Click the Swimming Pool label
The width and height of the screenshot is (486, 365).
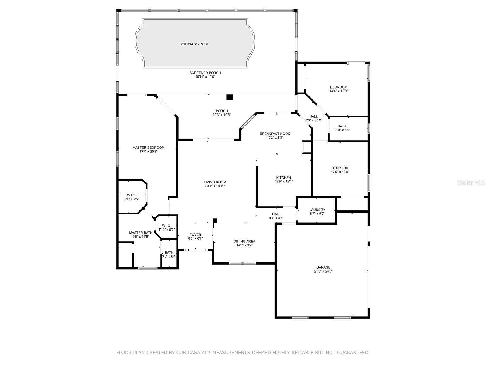(x=195, y=44)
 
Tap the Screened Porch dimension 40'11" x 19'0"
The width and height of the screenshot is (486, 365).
(x=205, y=77)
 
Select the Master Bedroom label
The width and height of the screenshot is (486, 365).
(x=148, y=148)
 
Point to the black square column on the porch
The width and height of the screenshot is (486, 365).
(x=230, y=97)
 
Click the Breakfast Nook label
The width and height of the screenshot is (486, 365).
(x=275, y=134)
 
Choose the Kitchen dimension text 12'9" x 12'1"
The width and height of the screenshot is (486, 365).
(x=284, y=182)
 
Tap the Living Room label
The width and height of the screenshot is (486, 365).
(x=215, y=182)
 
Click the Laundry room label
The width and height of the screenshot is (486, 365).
(x=317, y=210)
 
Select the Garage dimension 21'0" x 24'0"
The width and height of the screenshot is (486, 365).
(x=323, y=271)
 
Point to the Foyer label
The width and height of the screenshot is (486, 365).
(x=195, y=235)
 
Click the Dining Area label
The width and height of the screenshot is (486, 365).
(x=245, y=241)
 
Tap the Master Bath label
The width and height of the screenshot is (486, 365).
(x=141, y=233)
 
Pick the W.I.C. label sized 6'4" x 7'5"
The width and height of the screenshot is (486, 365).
(x=132, y=195)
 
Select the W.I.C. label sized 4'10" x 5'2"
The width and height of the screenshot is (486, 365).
(x=166, y=226)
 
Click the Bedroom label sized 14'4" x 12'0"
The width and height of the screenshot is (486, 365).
(x=339, y=87)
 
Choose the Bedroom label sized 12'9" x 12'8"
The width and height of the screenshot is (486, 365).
(x=340, y=168)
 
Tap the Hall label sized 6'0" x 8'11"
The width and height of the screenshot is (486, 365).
(x=313, y=116)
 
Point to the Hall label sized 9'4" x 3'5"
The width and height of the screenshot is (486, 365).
(x=276, y=214)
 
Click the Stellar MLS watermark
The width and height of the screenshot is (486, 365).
(x=471, y=182)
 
